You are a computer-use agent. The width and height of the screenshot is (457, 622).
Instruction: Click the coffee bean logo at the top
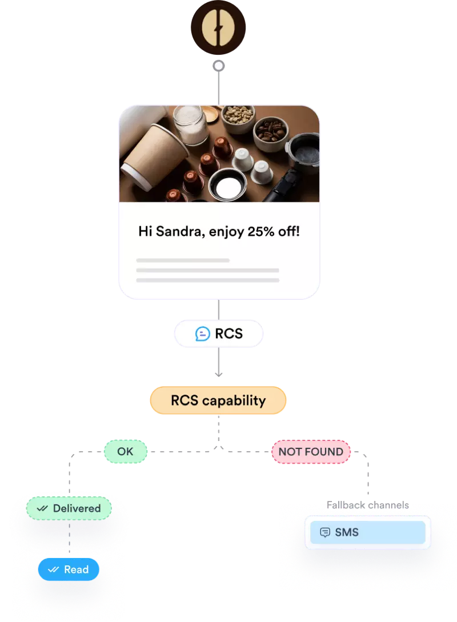218,27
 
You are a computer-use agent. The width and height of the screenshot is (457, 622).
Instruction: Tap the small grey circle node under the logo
218,66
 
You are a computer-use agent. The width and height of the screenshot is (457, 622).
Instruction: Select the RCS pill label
218,334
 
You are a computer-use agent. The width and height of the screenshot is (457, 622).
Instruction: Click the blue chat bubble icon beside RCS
202,334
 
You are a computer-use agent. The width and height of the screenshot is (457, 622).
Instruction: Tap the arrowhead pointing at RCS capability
218,374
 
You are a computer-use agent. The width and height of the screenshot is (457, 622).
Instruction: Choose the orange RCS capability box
218,400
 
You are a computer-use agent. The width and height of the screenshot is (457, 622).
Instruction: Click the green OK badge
125,452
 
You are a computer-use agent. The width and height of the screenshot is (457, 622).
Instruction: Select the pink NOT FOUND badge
311,452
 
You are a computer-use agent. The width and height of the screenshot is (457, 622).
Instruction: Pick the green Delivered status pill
69,508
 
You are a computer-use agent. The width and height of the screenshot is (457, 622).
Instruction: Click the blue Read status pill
69,569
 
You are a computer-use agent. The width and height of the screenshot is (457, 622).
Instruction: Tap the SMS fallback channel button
367,532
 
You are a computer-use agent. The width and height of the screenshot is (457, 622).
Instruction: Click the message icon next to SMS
325,532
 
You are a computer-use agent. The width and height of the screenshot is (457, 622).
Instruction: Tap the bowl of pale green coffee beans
238,116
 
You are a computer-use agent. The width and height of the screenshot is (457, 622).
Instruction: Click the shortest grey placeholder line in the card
183,260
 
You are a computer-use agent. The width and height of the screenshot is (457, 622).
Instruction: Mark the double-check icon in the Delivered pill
42,508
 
